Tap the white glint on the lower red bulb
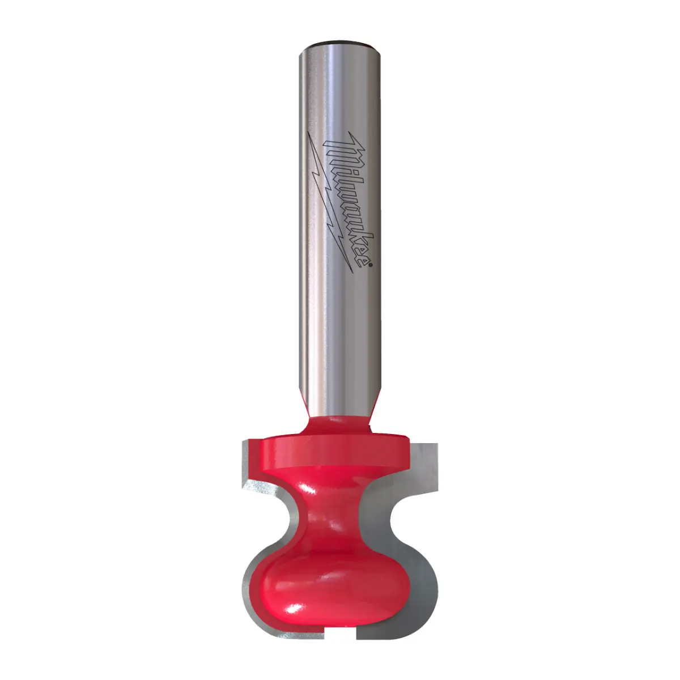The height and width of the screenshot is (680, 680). pos(295,609)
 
